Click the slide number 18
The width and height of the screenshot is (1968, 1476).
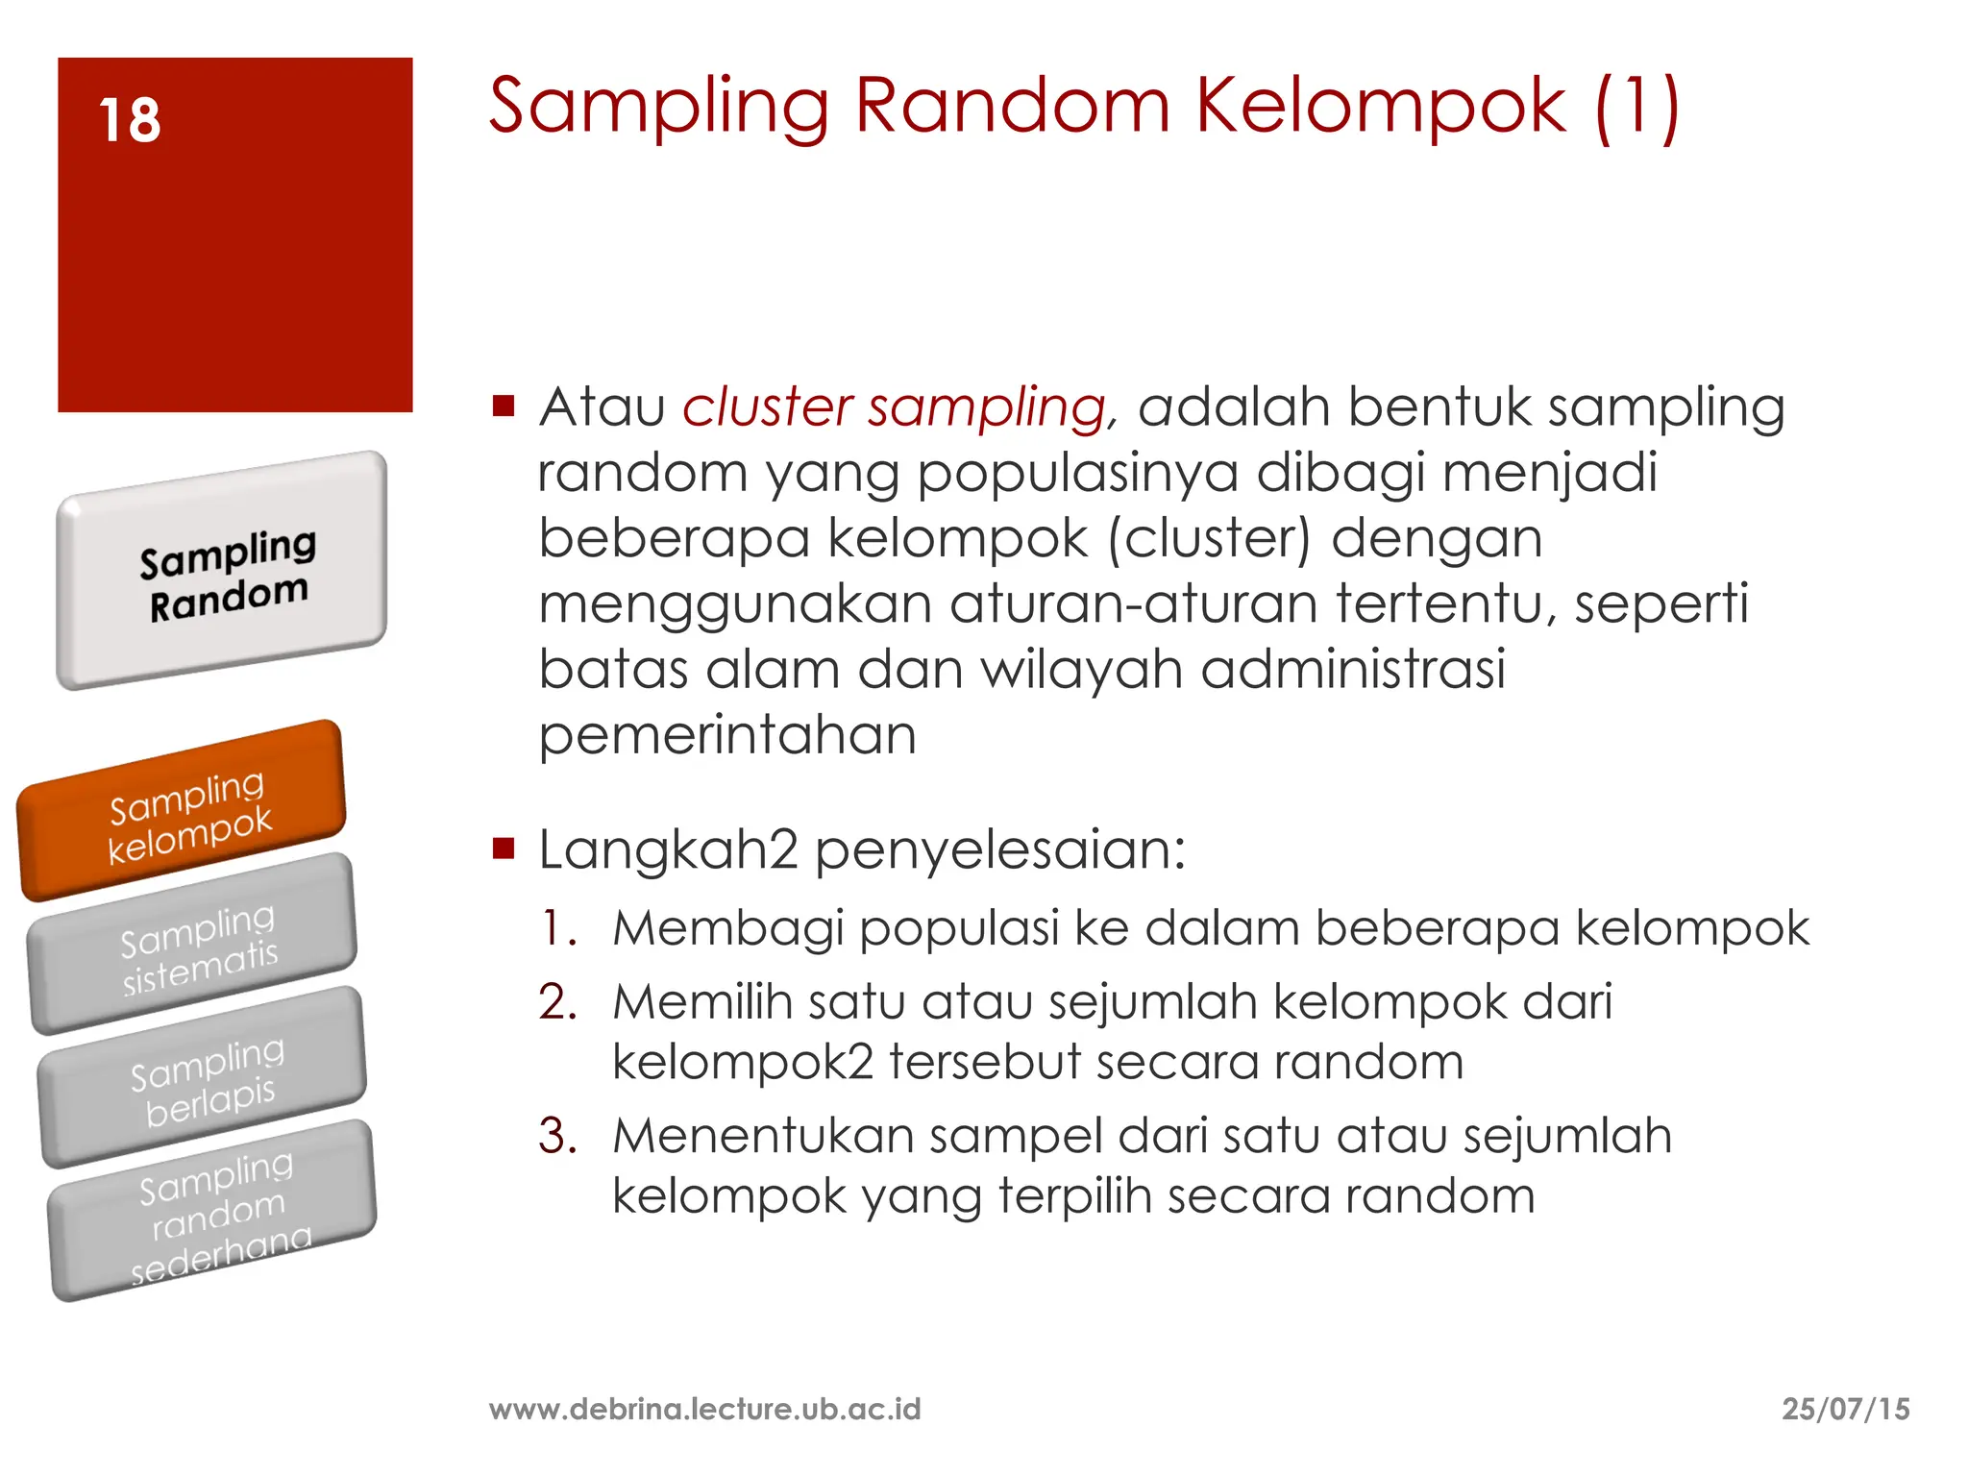point(130,121)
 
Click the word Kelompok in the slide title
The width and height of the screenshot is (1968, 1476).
point(1381,106)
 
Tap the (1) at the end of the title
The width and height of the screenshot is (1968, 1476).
point(1636,108)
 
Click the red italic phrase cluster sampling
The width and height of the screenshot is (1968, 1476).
point(895,407)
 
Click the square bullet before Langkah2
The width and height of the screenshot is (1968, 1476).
point(504,848)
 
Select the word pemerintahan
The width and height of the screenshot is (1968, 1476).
point(727,736)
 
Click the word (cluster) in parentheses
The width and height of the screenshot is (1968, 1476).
point(1209,538)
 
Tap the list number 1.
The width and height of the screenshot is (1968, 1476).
point(558,929)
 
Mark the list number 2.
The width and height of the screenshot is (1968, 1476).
point(557,1002)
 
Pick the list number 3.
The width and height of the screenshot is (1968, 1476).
point(557,1136)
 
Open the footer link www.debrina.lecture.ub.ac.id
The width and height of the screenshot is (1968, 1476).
point(704,1409)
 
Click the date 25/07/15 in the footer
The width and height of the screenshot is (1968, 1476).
point(1845,1409)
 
